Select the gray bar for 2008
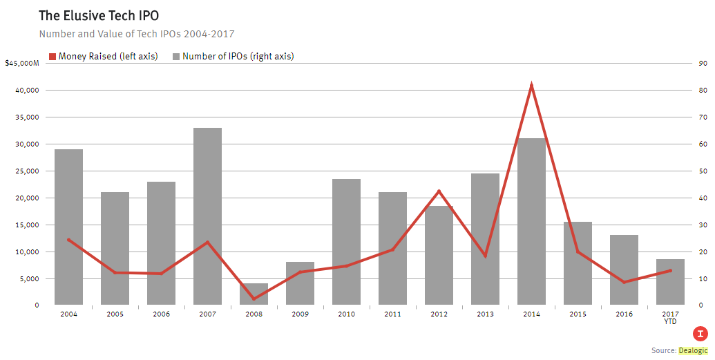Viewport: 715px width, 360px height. pyautogui.click(x=254, y=294)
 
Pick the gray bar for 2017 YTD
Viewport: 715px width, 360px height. pyautogui.click(x=670, y=282)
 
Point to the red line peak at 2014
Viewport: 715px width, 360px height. pyautogui.click(x=531, y=85)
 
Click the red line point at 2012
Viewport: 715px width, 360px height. pyautogui.click(x=439, y=191)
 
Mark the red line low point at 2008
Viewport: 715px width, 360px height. pyautogui.click(x=254, y=299)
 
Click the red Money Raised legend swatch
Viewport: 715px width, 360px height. pyautogui.click(x=52, y=57)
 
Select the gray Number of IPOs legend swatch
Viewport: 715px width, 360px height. pyautogui.click(x=176, y=57)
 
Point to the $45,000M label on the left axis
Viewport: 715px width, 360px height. pyautogui.click(x=21, y=64)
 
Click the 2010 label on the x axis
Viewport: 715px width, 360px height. pyautogui.click(x=346, y=314)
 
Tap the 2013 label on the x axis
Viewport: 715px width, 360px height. pyautogui.click(x=485, y=314)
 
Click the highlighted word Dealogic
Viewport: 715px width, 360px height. pyautogui.click(x=694, y=351)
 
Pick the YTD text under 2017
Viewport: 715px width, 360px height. pyautogui.click(x=670, y=321)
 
